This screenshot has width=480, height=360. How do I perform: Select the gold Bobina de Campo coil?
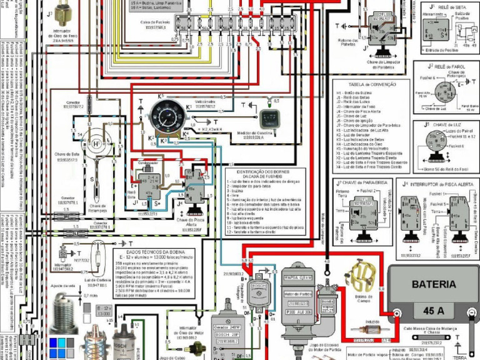pos(359,276)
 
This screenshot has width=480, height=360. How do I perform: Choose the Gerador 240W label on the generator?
pos(227,327)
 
